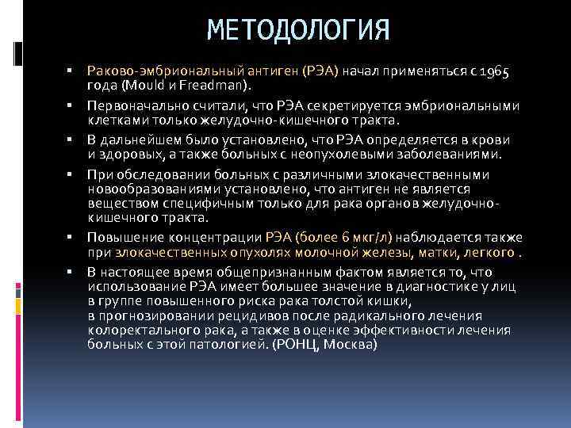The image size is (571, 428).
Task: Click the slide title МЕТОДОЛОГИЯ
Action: pos(298,31)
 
